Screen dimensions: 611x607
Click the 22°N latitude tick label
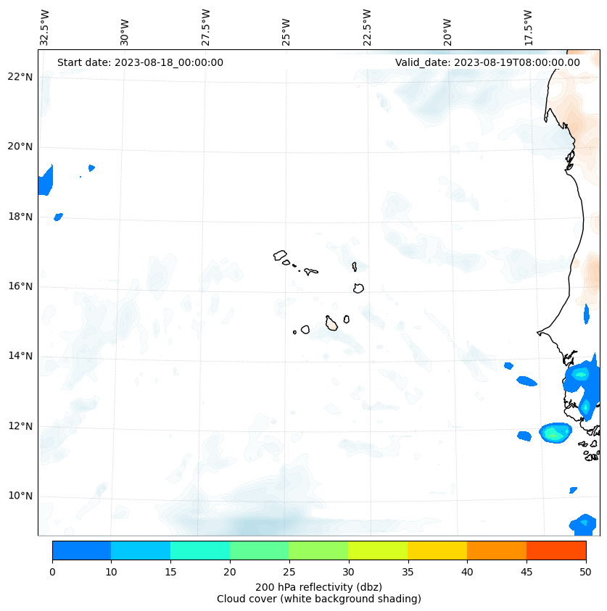[20, 77]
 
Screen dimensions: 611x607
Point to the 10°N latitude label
[20, 496]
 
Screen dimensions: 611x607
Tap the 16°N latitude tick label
[20, 286]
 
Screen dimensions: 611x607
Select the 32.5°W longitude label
[45, 27]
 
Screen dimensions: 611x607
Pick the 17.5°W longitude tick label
[528, 27]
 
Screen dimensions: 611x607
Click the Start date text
[140, 62]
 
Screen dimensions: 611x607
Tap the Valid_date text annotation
[487, 62]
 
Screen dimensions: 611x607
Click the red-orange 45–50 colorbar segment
[556, 550]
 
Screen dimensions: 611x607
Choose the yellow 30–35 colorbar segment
[378, 550]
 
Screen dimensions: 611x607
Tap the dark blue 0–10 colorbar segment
[81, 550]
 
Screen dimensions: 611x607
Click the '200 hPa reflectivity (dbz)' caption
[318, 586]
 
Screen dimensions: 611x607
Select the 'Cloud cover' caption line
[318, 599]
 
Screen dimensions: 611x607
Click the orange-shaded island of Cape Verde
[331, 323]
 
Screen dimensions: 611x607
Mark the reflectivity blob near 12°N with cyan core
[556, 433]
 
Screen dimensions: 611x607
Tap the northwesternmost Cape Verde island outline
[280, 255]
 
